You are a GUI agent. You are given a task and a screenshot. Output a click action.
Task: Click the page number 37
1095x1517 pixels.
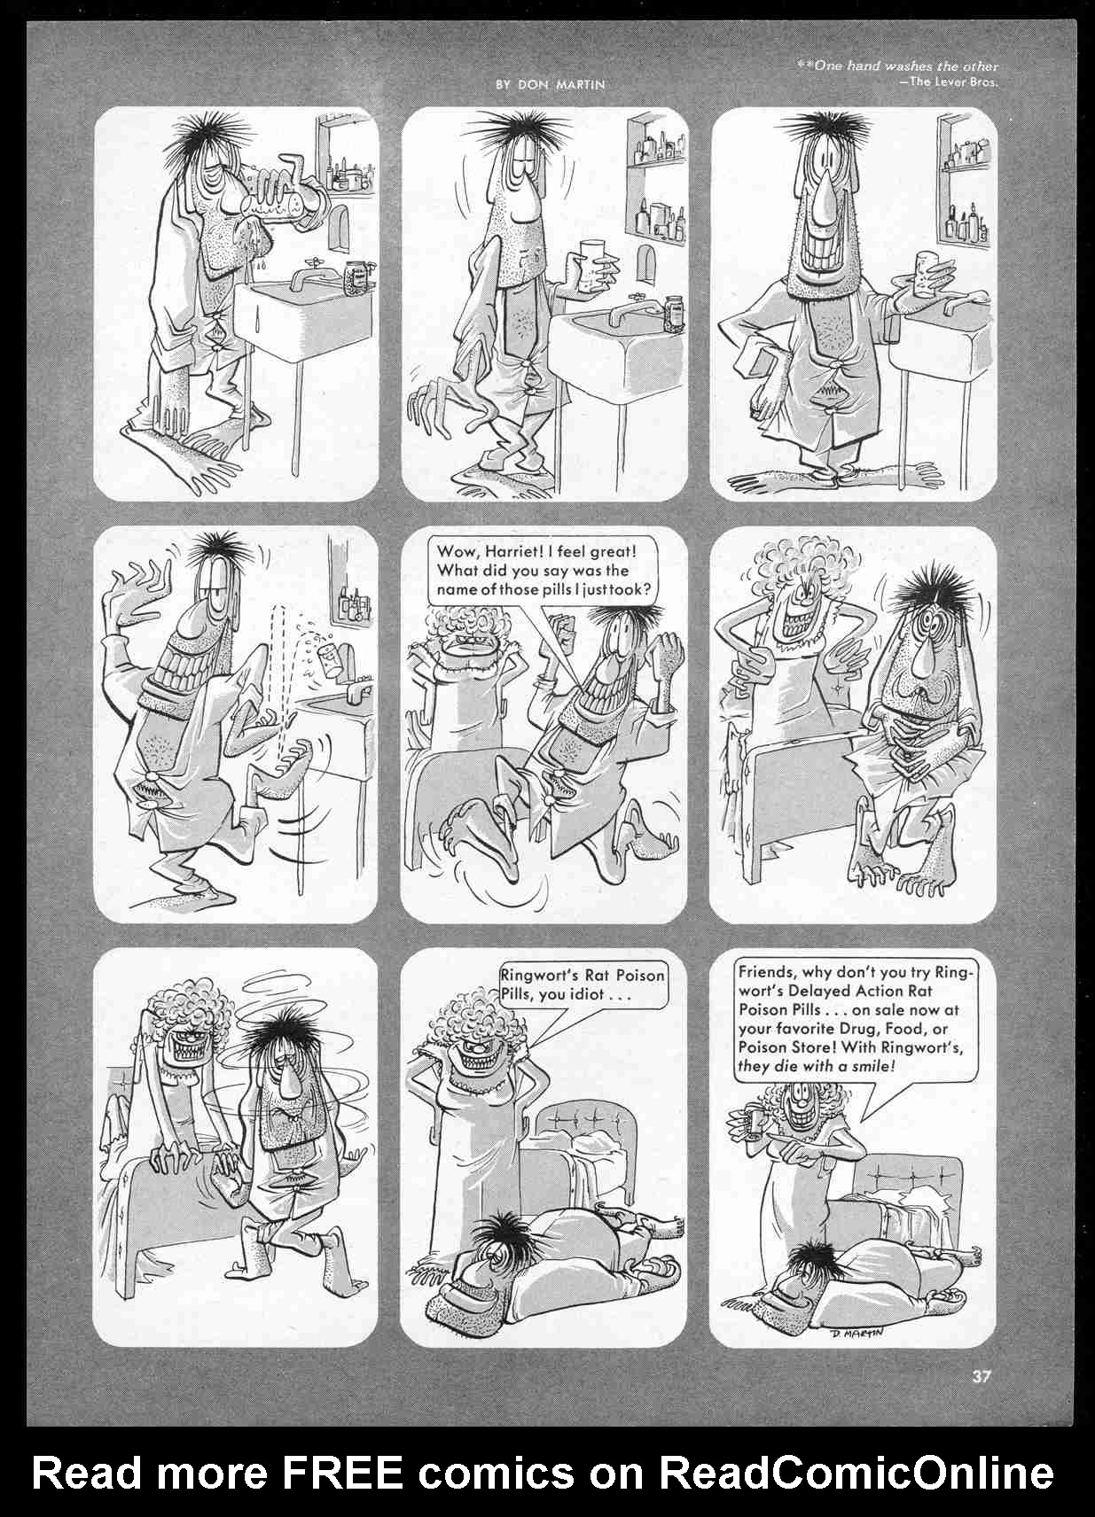[x=981, y=1376]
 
